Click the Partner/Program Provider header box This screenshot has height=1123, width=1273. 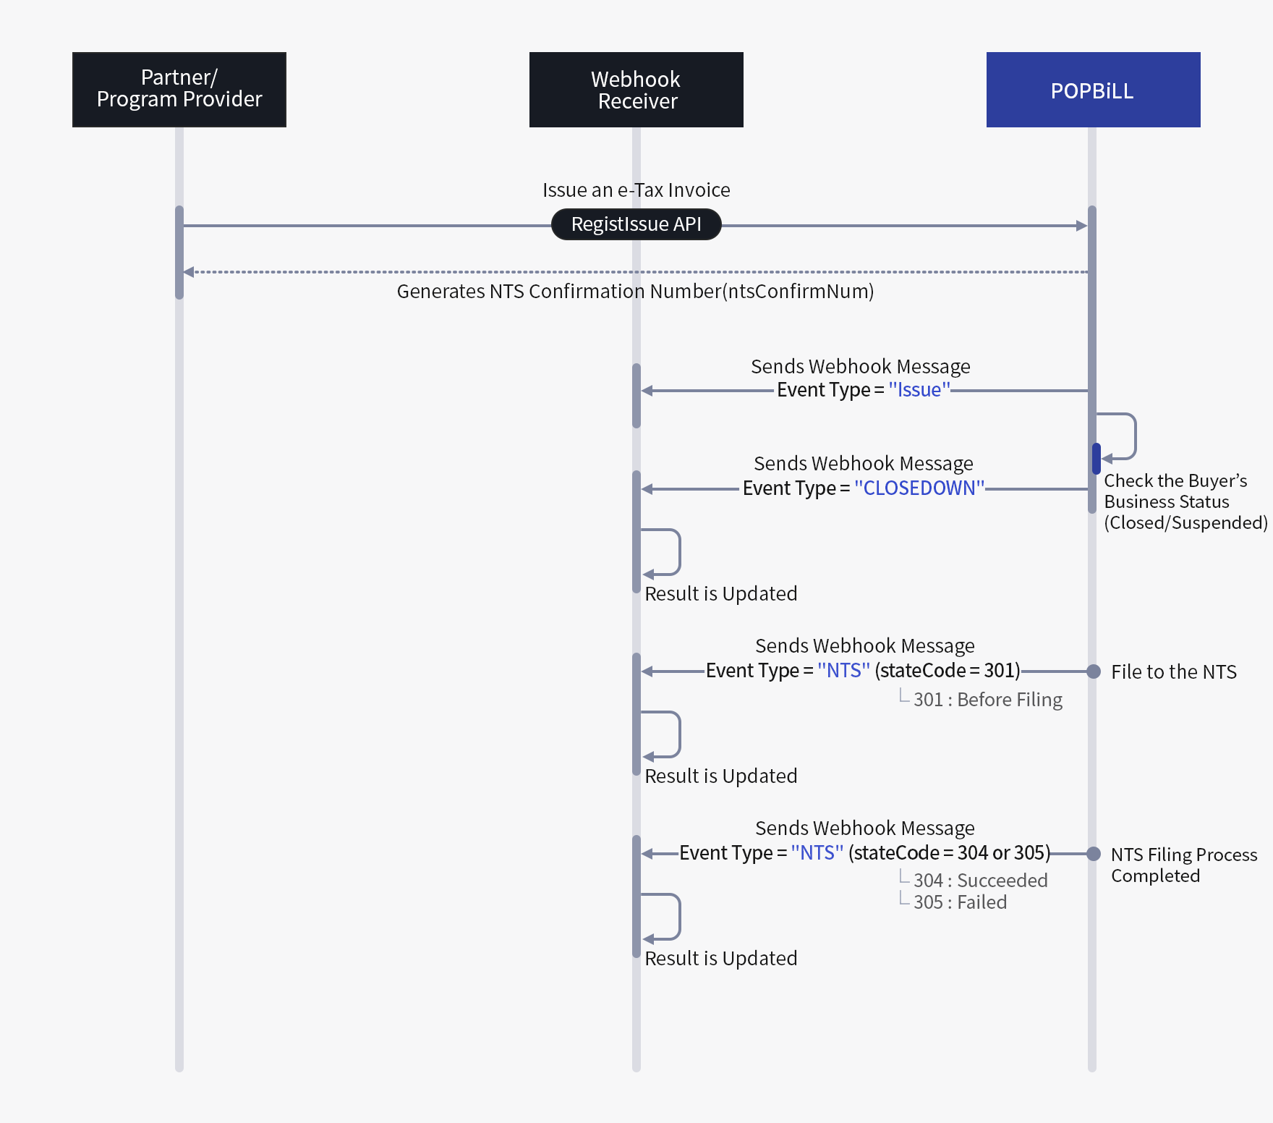pyautogui.click(x=179, y=90)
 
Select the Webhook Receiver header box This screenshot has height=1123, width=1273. pyautogui.click(x=636, y=90)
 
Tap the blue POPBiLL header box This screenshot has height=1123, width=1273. pyautogui.click(x=1093, y=90)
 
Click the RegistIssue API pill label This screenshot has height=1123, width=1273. pyautogui.click(x=636, y=224)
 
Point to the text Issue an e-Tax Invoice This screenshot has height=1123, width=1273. pyautogui.click(x=636, y=190)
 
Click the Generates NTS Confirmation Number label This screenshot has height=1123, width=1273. pyautogui.click(x=635, y=292)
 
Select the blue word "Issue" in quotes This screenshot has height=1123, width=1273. pyautogui.click(x=919, y=390)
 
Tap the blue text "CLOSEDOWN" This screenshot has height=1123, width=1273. pyautogui.click(x=919, y=488)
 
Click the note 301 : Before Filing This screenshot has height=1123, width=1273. pyautogui.click(x=987, y=700)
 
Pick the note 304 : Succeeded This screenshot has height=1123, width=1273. pyautogui.click(x=980, y=881)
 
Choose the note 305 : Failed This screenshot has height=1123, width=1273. pyautogui.click(x=960, y=902)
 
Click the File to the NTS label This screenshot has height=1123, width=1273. pyautogui.click(x=1173, y=672)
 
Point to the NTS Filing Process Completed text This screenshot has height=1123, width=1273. pyautogui.click(x=1183, y=865)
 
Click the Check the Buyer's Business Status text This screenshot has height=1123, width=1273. pyautogui.click(x=1185, y=501)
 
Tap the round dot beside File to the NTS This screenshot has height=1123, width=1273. pyautogui.click(x=1094, y=671)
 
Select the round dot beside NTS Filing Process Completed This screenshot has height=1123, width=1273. pyautogui.click(x=1094, y=854)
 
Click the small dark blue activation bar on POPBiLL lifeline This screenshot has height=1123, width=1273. pyautogui.click(x=1097, y=459)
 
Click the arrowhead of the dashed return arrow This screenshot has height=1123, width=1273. pyautogui.click(x=188, y=272)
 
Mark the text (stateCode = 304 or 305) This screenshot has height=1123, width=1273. pyautogui.click(x=949, y=853)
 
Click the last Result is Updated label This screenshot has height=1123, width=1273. pyautogui.click(x=720, y=959)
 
